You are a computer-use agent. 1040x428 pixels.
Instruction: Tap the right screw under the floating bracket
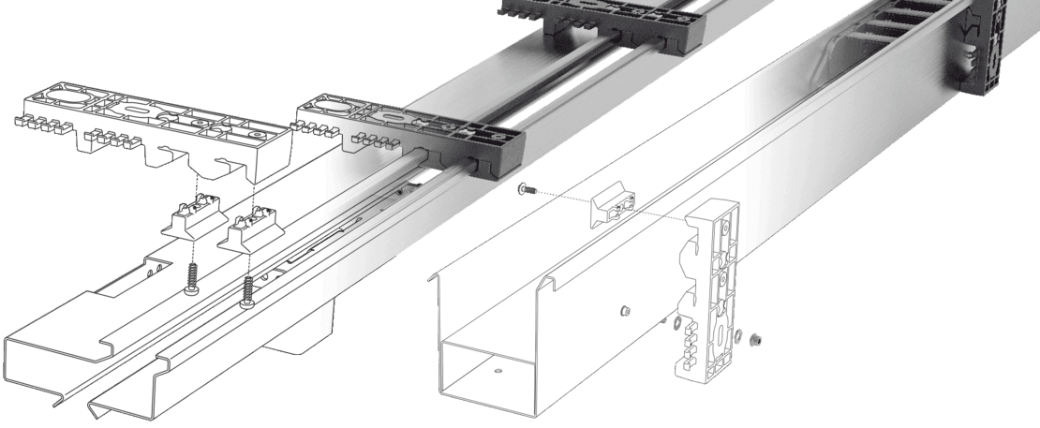click(248, 292)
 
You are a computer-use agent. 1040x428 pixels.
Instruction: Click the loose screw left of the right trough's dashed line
click(526, 190)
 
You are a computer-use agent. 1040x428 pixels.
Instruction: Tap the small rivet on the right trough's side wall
click(624, 310)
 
